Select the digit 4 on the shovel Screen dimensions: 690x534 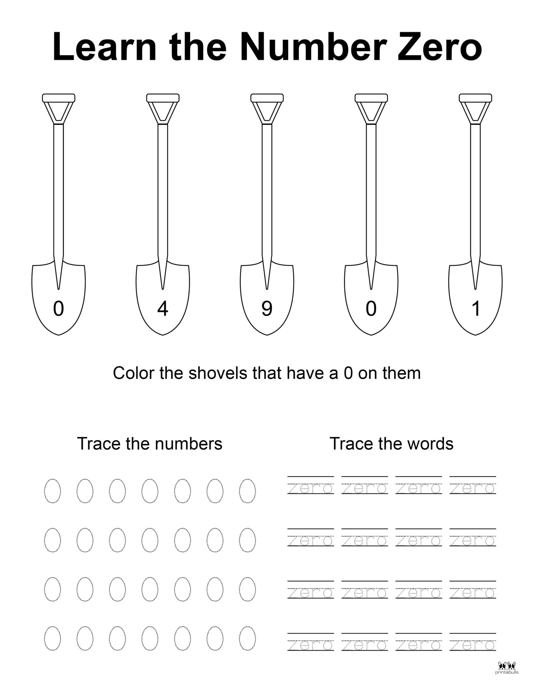click(x=163, y=309)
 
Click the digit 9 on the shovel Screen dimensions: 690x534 click(x=267, y=309)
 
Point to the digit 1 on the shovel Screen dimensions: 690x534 click(x=476, y=309)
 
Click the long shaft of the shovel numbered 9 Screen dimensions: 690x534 click(x=267, y=189)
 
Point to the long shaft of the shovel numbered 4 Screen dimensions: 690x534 click(x=163, y=189)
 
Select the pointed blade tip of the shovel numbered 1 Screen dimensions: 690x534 click(x=475, y=334)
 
